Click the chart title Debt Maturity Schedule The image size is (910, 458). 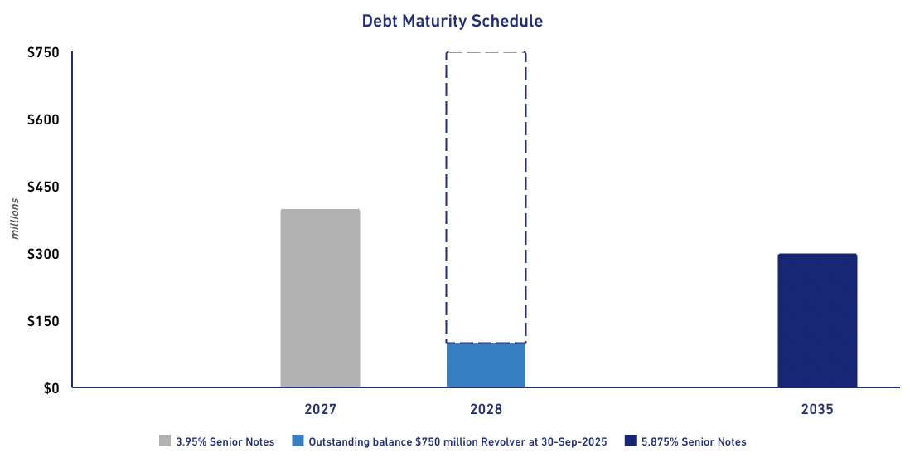tap(452, 22)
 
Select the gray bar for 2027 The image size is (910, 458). tap(320, 299)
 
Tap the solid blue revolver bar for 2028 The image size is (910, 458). tap(486, 365)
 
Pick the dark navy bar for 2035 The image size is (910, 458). tap(816, 320)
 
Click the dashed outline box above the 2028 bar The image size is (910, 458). tap(486, 197)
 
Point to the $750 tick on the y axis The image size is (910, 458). tap(43, 53)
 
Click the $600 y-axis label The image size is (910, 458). tap(43, 119)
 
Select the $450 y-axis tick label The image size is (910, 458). tap(43, 187)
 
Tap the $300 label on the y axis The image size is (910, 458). tap(43, 254)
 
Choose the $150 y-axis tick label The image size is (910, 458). tap(43, 321)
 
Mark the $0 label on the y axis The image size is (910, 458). tap(51, 388)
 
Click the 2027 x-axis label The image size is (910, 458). tap(320, 410)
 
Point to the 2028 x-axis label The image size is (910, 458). tap(486, 410)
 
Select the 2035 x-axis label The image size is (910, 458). tap(816, 410)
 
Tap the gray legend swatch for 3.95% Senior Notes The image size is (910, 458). tap(165, 441)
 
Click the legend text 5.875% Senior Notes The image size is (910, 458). tap(694, 442)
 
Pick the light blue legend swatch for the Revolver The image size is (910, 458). tap(298, 441)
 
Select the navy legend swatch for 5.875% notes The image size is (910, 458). tap(630, 441)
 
